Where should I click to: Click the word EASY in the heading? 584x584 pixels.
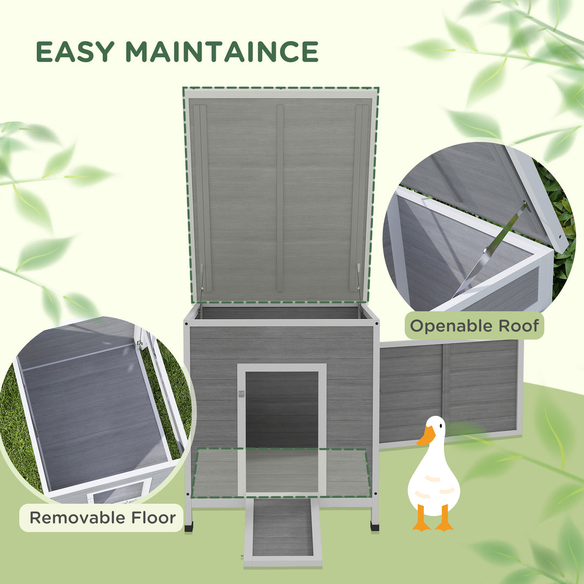pos(76,51)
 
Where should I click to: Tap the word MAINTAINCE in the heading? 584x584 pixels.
pos(222,51)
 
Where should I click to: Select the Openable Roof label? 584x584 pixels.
pos(474,326)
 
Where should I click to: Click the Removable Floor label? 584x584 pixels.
pos(102,517)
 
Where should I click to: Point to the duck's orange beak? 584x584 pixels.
pos(426,436)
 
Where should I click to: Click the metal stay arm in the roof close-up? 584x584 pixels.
pos(489,249)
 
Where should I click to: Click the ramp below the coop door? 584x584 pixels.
pos(282,527)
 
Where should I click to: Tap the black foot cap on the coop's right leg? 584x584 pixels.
pos(374,525)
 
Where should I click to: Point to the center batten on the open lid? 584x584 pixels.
pos(280,197)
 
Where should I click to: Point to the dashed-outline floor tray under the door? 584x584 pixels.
pos(282,473)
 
